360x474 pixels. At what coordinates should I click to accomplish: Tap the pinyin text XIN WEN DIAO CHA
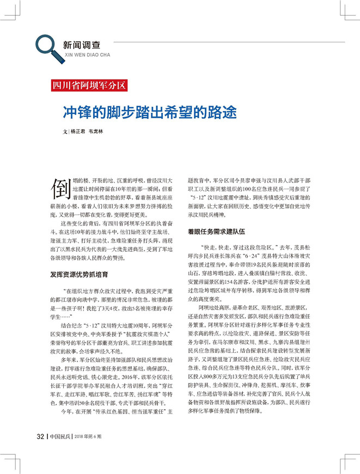click(87, 54)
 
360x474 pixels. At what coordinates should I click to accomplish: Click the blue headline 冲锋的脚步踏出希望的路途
click(150, 113)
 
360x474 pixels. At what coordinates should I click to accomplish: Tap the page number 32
click(40, 435)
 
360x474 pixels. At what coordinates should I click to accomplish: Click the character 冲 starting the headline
click(69, 113)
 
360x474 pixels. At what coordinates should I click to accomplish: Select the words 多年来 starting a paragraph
click(69, 360)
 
